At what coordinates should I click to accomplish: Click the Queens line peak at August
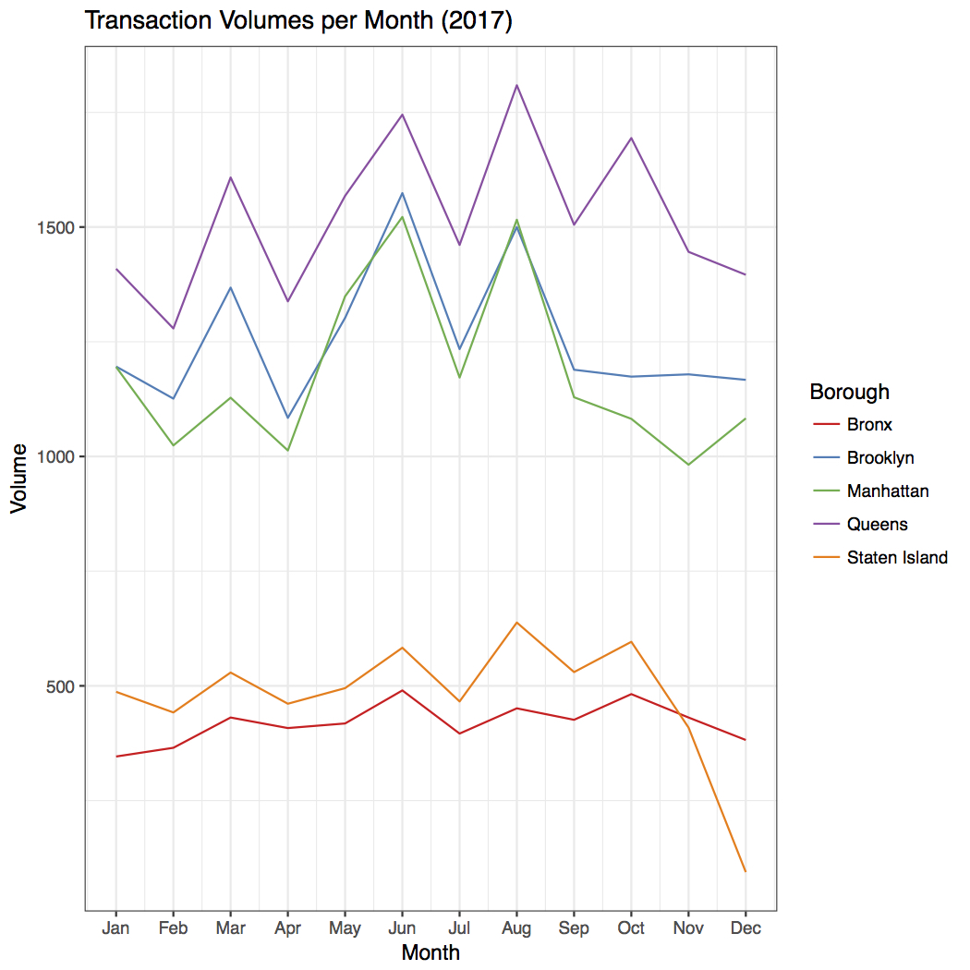(x=516, y=85)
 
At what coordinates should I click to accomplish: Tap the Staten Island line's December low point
(x=746, y=871)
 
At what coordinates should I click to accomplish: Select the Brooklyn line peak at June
(x=402, y=193)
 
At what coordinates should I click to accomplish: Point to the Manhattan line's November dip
(x=688, y=465)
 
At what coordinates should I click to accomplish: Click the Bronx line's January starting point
(x=115, y=757)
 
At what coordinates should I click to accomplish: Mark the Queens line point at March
(x=230, y=177)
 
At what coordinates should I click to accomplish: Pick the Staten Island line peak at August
(x=516, y=623)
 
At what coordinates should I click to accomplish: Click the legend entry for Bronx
(x=868, y=425)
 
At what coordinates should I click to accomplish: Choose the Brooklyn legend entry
(x=879, y=458)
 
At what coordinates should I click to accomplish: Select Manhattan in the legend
(x=887, y=491)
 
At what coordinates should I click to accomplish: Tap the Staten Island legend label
(x=896, y=557)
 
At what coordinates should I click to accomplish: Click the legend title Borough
(x=849, y=392)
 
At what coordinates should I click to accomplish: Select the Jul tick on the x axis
(x=459, y=928)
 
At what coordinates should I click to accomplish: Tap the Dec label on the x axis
(x=746, y=928)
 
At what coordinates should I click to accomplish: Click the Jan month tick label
(x=115, y=928)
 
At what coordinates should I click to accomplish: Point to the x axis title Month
(x=430, y=952)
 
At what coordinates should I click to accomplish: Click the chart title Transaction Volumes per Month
(x=297, y=20)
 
